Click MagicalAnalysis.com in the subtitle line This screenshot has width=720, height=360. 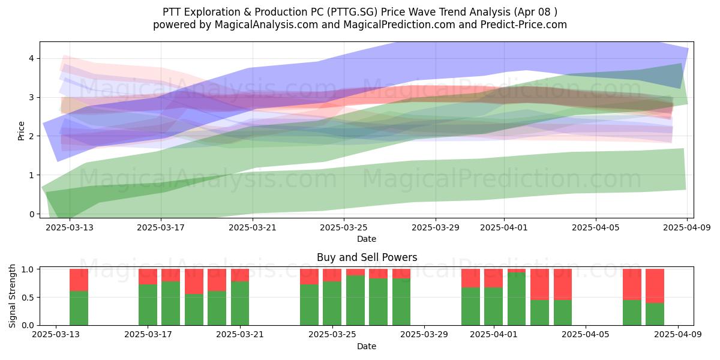[x=266, y=25]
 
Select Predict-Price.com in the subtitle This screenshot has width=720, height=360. [x=524, y=25]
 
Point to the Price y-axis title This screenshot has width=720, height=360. [x=21, y=131]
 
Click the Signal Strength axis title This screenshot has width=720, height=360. [x=12, y=296]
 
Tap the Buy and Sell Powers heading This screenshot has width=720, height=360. [x=367, y=257]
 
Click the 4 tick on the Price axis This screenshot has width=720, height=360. [x=31, y=59]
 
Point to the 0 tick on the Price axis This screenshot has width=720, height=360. [x=31, y=214]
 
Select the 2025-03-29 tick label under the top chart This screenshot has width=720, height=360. [x=436, y=227]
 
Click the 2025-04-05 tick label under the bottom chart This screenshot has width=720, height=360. [x=586, y=335]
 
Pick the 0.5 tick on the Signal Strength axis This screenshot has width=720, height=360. [x=28, y=298]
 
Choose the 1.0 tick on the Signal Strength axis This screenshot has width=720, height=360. [x=28, y=269]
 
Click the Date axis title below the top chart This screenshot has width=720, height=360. [x=367, y=239]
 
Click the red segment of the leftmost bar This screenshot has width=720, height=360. [x=79, y=280]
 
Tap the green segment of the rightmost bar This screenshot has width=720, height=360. [x=655, y=314]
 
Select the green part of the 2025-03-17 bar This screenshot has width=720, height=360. [x=148, y=305]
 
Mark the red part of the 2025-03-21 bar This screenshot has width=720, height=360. [x=240, y=275]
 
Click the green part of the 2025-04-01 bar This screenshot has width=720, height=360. [x=493, y=307]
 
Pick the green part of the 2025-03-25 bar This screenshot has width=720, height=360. [x=332, y=304]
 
